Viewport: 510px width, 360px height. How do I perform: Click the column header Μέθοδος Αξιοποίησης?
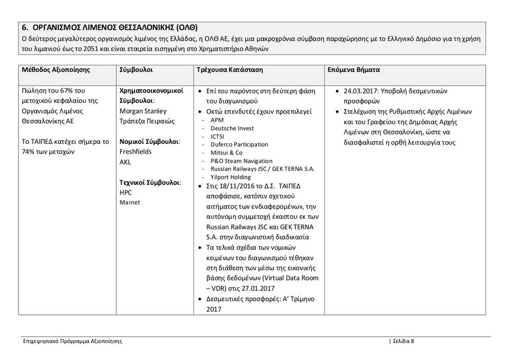pyautogui.click(x=56, y=70)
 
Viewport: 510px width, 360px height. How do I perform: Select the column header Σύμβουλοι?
pyautogui.click(x=137, y=70)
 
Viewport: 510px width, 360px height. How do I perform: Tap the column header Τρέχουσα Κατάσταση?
pyautogui.click(x=229, y=70)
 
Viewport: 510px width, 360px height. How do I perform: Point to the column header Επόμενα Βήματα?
pyautogui.click(x=353, y=70)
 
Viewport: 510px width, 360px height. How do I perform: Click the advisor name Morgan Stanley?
pyautogui.click(x=143, y=111)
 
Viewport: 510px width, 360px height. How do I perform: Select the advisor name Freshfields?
pyautogui.click(x=135, y=152)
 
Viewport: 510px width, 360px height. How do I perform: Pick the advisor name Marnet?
pyautogui.click(x=130, y=202)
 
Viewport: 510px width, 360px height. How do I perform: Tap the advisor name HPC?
pyautogui.click(x=125, y=193)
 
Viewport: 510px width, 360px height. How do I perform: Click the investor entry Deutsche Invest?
pyautogui.click(x=232, y=128)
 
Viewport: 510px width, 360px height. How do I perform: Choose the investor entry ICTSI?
pyautogui.click(x=218, y=136)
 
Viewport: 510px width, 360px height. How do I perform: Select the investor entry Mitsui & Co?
pyautogui.click(x=226, y=152)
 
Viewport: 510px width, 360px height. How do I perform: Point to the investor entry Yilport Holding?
pyautogui.click(x=231, y=177)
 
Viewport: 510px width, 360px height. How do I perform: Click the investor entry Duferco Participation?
pyautogui.click(x=239, y=144)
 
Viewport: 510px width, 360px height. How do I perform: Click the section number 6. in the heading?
pyautogui.click(x=25, y=27)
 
